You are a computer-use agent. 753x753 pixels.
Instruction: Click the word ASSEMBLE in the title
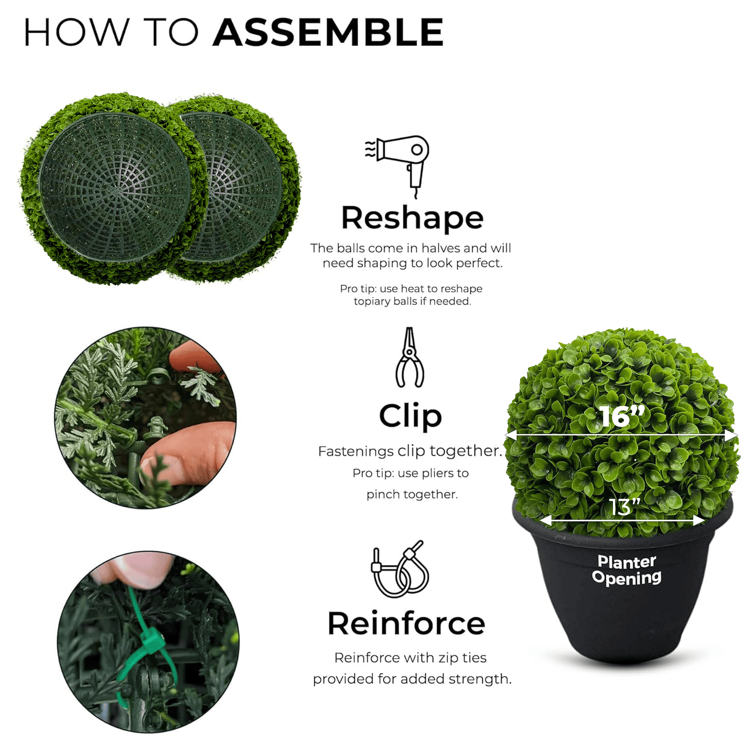click(329, 32)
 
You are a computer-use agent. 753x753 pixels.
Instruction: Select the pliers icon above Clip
click(410, 357)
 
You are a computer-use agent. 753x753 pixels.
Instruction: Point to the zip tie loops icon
click(400, 569)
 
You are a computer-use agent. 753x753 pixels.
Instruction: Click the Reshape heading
click(412, 218)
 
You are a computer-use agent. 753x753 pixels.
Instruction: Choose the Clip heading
click(410, 416)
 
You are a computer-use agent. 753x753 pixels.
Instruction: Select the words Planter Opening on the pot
click(627, 570)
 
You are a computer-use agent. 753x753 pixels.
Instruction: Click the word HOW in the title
click(77, 32)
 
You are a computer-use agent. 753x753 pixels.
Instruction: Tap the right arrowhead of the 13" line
click(699, 520)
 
